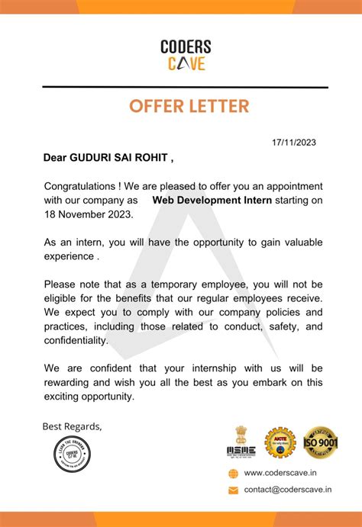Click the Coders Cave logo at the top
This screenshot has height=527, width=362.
(x=186, y=56)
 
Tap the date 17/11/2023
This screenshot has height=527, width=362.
(x=293, y=143)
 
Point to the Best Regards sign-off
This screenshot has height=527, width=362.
(x=72, y=426)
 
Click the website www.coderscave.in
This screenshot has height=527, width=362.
(x=280, y=474)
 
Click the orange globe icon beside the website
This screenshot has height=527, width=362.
(x=233, y=474)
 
